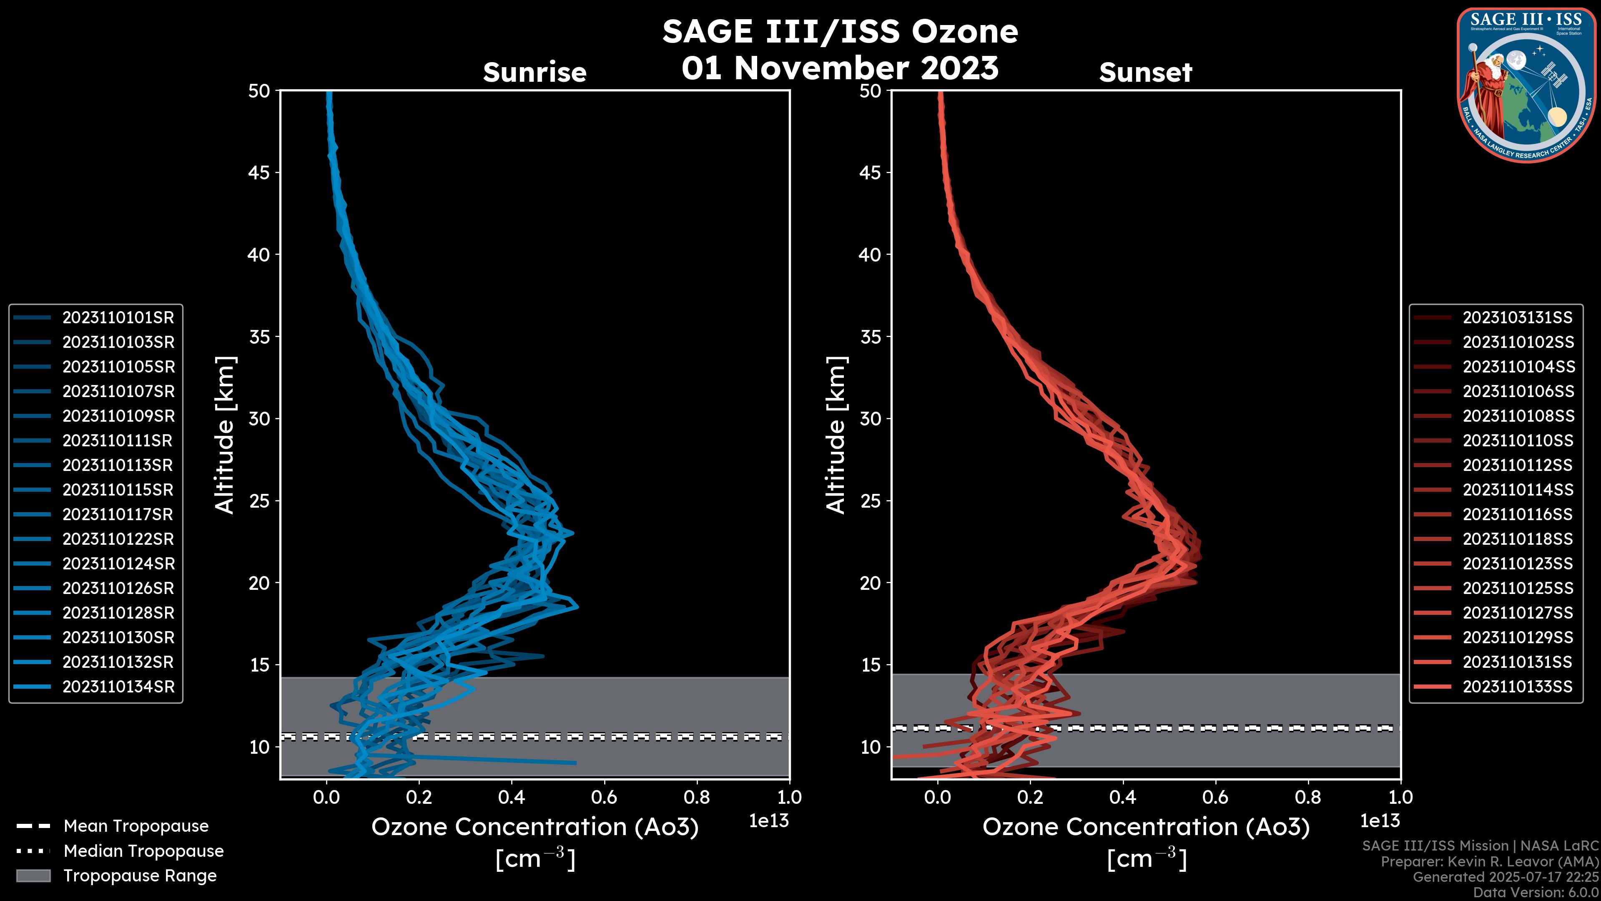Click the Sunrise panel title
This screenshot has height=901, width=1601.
[535, 72]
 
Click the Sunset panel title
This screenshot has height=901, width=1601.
[1145, 72]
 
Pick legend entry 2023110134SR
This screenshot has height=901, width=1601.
[118, 687]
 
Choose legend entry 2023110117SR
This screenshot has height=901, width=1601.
[118, 515]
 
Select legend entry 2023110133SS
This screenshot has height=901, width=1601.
[1517, 687]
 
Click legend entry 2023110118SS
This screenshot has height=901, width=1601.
[1517, 539]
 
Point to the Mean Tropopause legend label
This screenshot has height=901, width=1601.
[136, 826]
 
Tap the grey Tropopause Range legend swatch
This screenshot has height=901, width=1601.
[33, 876]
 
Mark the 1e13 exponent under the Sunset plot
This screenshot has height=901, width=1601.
[1380, 821]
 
